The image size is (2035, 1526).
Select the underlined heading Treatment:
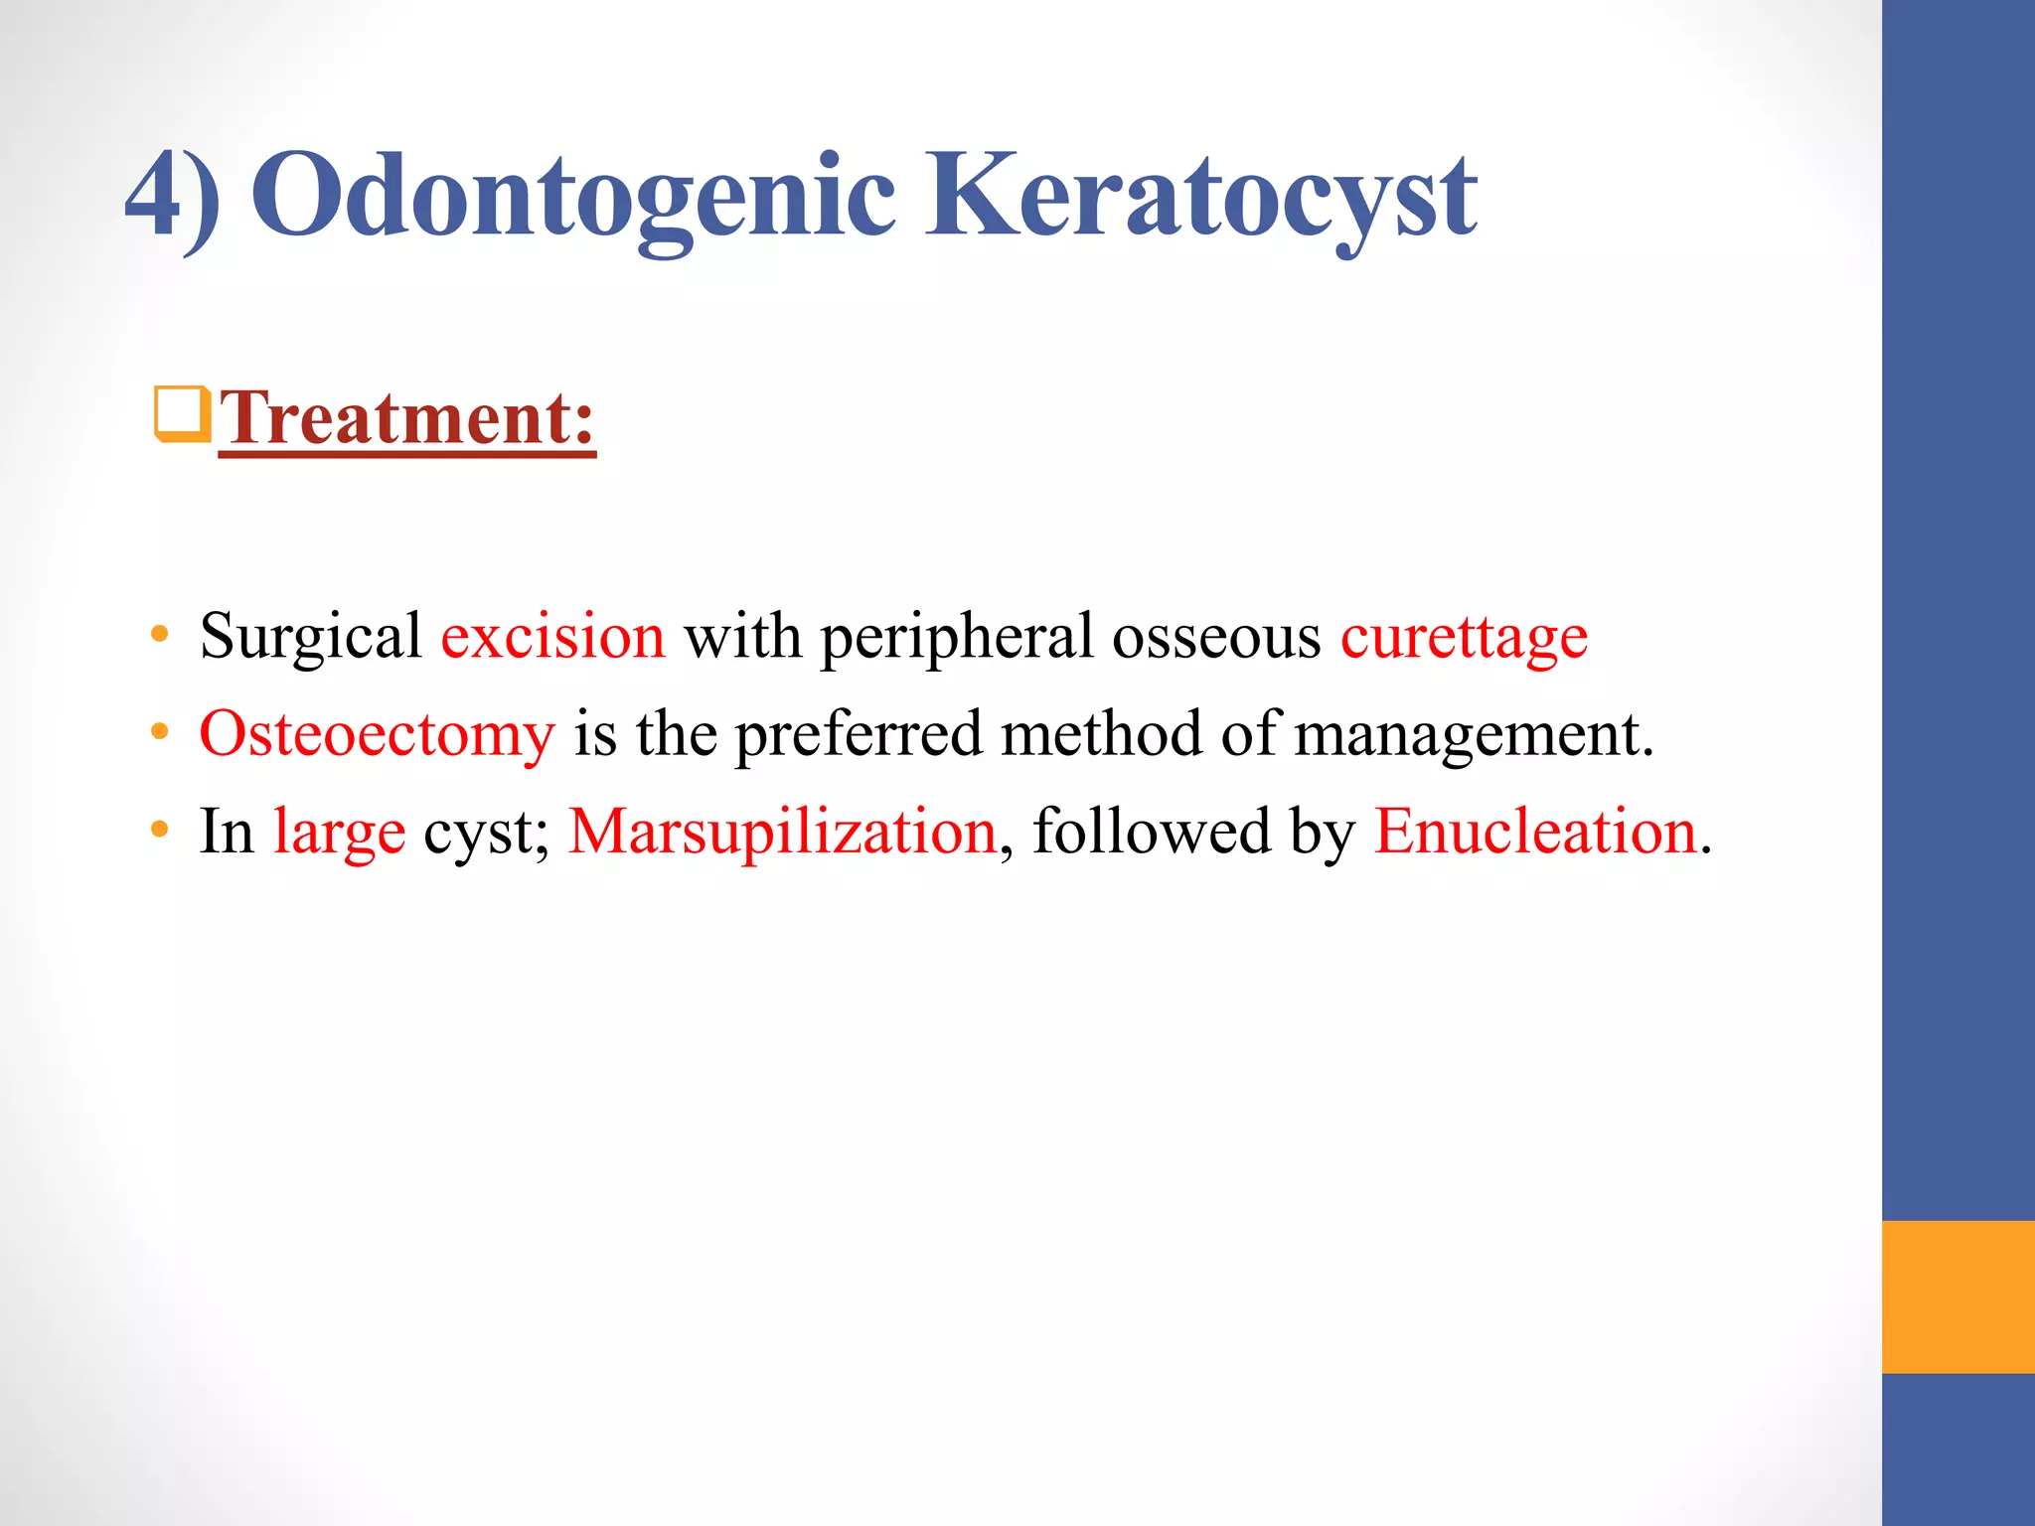[x=406, y=419]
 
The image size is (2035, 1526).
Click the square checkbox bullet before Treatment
[x=182, y=414]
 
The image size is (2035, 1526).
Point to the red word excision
[x=552, y=636]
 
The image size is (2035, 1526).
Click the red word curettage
[x=1464, y=638]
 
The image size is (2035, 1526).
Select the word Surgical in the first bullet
[x=310, y=638]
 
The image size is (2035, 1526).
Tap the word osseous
[x=1216, y=638]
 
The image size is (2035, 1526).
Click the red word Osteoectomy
[x=377, y=735]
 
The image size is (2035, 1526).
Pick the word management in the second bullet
[x=1474, y=735]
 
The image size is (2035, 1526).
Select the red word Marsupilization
[x=782, y=832]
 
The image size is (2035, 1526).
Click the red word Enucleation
[x=1535, y=832]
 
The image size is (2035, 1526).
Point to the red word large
[x=339, y=834]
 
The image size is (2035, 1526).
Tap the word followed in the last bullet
[x=1152, y=832]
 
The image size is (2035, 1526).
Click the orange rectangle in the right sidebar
[x=1957, y=1297]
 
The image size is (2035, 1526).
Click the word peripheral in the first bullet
[x=956, y=638]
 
